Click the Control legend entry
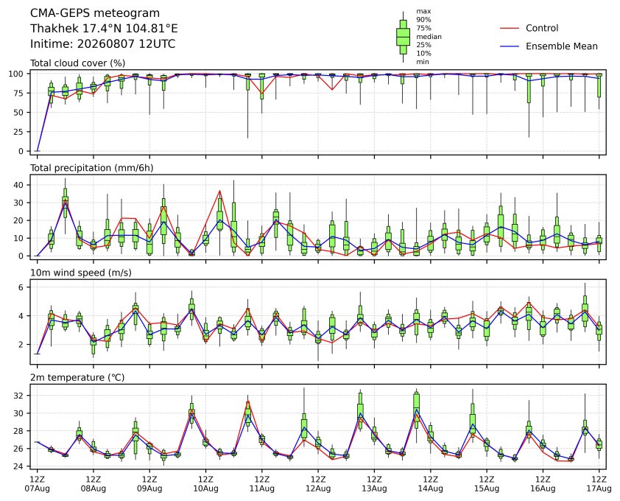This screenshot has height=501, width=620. (529, 28)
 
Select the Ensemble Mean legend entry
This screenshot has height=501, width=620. (549, 46)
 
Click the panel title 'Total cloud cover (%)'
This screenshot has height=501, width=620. (77, 63)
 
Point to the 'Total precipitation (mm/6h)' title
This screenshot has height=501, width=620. (92, 168)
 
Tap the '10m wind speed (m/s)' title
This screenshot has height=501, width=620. (81, 273)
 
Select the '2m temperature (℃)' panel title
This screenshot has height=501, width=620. (77, 377)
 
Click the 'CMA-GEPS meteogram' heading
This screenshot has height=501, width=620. (95, 13)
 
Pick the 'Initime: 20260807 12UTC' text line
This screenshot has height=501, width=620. (103, 43)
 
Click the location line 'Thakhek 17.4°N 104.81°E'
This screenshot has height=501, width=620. (104, 29)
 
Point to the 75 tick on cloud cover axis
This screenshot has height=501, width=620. (19, 93)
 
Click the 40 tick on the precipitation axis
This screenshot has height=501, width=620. (19, 185)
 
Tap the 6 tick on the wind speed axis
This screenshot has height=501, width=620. (21, 287)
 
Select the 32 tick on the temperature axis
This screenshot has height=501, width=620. (19, 396)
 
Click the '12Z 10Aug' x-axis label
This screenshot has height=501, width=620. (205, 484)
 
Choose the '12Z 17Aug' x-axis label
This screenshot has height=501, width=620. (599, 484)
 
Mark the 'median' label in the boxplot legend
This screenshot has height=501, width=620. (429, 37)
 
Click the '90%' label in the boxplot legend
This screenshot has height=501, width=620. (423, 20)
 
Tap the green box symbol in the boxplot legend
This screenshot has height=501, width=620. (403, 37)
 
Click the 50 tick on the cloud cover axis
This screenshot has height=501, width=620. (19, 113)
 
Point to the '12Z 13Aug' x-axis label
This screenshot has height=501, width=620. (374, 484)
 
